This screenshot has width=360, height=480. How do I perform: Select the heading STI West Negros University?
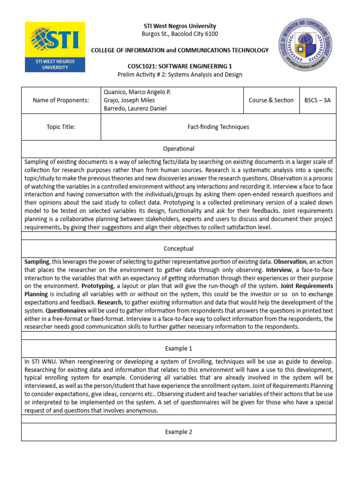(180, 26)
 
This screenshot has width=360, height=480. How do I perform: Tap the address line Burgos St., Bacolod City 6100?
(180, 34)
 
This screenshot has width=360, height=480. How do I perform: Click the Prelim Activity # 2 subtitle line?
(180, 75)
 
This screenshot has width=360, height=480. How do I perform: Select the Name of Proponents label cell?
(60, 100)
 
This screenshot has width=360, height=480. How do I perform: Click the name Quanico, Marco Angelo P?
(137, 92)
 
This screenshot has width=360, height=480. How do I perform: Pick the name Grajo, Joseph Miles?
(129, 100)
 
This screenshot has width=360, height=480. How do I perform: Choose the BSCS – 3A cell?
(317, 100)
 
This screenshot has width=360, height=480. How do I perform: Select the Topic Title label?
(60, 127)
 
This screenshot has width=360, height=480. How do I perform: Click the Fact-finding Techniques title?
(218, 127)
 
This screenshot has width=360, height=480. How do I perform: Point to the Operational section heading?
(179, 149)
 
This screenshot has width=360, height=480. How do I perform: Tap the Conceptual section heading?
(179, 248)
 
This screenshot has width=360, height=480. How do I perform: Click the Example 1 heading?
(179, 349)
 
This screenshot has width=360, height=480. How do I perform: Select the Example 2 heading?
(179, 432)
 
